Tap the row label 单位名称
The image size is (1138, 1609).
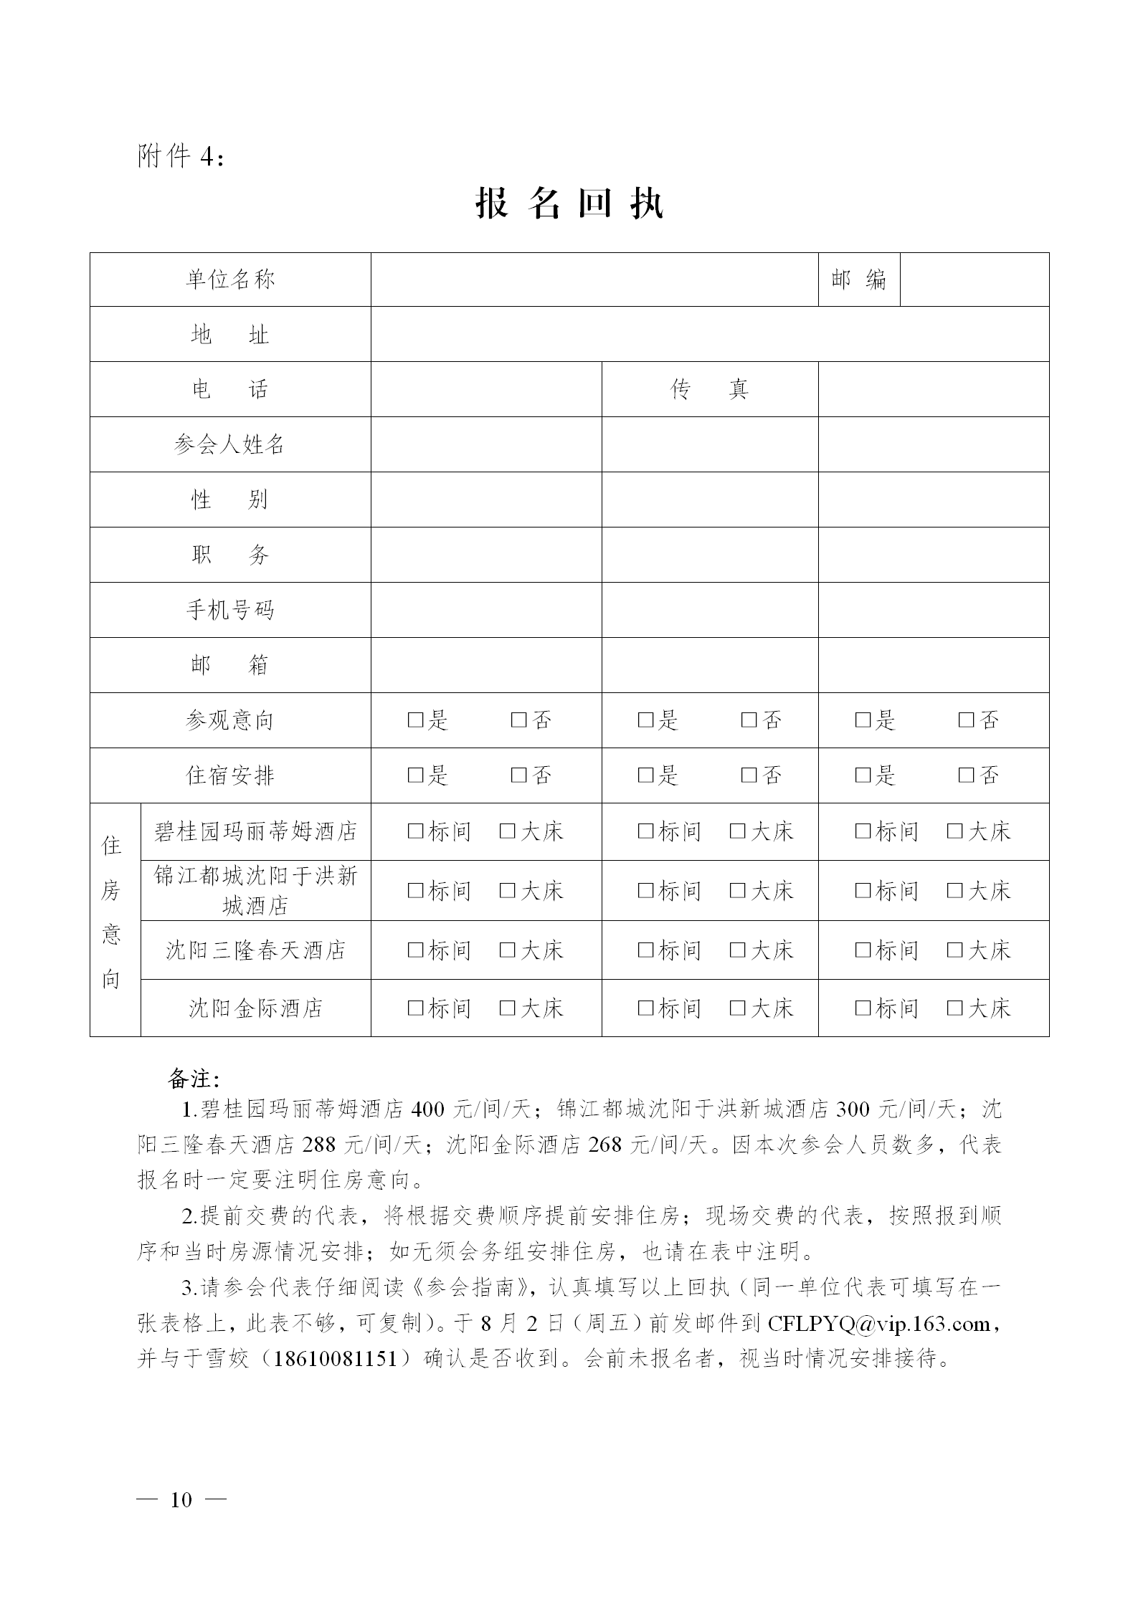[x=230, y=280]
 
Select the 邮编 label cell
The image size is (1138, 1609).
[x=858, y=280]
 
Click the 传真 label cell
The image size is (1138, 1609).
[x=709, y=389]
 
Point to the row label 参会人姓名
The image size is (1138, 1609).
[x=230, y=444]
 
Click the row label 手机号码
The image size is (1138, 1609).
[x=230, y=610]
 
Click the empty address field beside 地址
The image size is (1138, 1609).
[x=709, y=334]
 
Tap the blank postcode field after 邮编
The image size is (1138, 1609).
[x=974, y=280]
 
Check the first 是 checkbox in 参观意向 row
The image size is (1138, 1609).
[x=415, y=720]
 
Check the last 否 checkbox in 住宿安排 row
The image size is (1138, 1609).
[x=966, y=775]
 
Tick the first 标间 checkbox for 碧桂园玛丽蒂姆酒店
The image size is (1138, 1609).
[x=415, y=831]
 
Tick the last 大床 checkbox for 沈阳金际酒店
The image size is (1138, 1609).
[x=954, y=1008]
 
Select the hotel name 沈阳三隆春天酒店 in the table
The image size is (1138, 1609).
[x=255, y=950]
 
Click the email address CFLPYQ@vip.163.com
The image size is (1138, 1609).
[x=879, y=1323]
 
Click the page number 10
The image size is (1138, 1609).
[x=181, y=1499]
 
